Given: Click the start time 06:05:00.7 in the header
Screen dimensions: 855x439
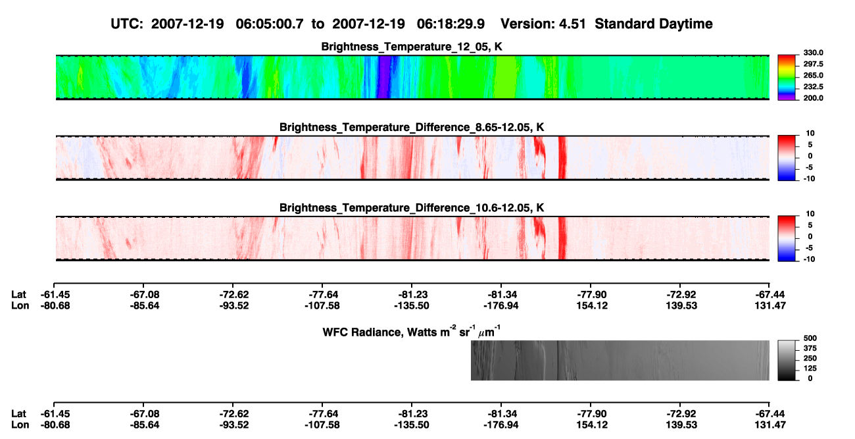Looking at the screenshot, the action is point(269,24).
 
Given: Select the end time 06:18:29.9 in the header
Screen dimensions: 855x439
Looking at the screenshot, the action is point(451,24).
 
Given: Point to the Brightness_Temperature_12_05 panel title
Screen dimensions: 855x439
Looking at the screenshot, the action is point(411,47).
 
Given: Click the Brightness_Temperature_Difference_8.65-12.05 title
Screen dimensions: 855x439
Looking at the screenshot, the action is point(412,127).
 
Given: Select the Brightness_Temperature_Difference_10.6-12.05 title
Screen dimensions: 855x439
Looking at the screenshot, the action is point(412,208).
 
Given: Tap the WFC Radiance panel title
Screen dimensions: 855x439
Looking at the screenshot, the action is point(411,331).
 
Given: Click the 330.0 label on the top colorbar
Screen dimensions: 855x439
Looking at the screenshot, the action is point(813,53).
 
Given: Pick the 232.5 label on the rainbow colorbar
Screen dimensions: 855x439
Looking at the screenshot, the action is point(813,87).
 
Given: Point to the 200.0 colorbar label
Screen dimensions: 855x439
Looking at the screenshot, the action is point(813,98).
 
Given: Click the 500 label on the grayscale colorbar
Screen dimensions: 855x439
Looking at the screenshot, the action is point(810,338).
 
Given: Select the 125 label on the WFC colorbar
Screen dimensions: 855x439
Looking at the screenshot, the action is point(810,369).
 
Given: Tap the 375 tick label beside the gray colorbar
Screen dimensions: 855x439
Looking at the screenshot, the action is point(810,348).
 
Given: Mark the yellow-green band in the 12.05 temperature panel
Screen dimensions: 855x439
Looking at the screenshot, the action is point(505,77).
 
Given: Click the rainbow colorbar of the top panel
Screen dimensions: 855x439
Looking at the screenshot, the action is point(787,78).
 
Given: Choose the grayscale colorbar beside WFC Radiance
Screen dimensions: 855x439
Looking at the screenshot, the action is point(787,360).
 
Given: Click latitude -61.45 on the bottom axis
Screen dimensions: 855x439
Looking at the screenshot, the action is point(55,414).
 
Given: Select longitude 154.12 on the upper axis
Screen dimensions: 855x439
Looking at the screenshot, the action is point(592,305).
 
